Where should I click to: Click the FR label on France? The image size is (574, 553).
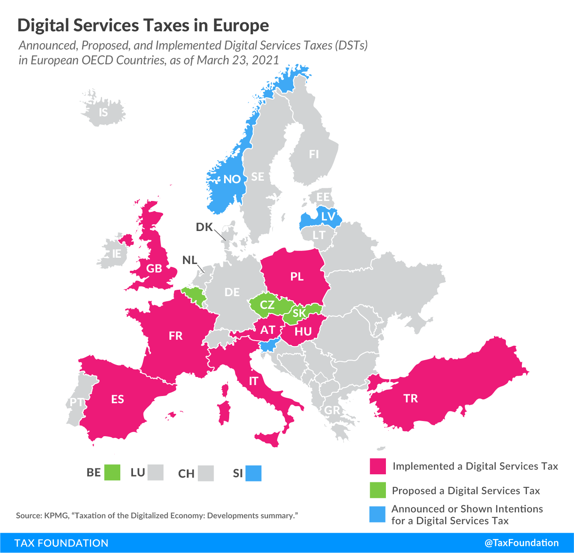pyautogui.click(x=175, y=336)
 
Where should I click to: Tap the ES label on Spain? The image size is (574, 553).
pyautogui.click(x=117, y=399)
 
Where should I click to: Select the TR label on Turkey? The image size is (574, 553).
pyautogui.click(x=410, y=399)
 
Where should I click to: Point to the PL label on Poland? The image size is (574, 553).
pyautogui.click(x=297, y=277)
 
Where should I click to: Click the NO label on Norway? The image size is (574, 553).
pyautogui.click(x=232, y=179)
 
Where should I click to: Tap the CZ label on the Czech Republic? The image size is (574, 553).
pyautogui.click(x=267, y=305)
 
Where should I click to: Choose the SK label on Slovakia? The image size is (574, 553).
pyautogui.click(x=299, y=313)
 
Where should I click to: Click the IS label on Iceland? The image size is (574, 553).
pyautogui.click(x=103, y=113)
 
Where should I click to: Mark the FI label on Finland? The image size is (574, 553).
pyautogui.click(x=314, y=154)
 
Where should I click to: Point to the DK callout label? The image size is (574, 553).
pyautogui.click(x=204, y=227)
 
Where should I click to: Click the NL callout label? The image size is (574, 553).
pyautogui.click(x=189, y=260)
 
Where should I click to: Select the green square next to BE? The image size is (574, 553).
pyautogui.click(x=112, y=473)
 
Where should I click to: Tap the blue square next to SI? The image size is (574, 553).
pyautogui.click(x=254, y=473)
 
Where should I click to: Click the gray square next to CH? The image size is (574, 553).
pyautogui.click(x=206, y=473)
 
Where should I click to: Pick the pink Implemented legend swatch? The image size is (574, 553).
pyautogui.click(x=378, y=466)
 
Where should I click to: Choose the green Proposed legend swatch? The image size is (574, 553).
pyautogui.click(x=378, y=490)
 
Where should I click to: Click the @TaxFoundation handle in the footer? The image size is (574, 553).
pyautogui.click(x=521, y=543)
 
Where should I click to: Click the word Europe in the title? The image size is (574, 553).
pyautogui.click(x=241, y=25)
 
